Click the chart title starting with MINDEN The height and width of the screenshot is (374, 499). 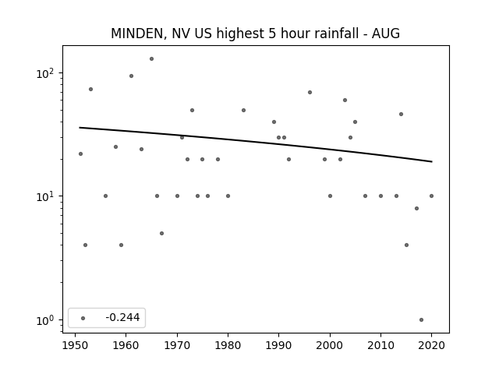point(255,34)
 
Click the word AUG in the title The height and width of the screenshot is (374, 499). point(386,34)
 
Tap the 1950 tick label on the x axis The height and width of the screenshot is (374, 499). point(75,345)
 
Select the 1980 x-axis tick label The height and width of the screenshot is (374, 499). point(228,345)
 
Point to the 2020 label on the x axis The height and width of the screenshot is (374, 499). point(431,345)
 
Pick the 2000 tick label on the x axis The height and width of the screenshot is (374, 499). point(330,345)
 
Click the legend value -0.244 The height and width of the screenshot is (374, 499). point(122,317)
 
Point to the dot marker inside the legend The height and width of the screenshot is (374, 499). point(83,318)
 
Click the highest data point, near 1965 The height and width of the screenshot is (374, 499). point(151,59)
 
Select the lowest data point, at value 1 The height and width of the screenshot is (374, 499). point(421,320)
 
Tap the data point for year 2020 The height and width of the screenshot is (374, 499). point(431,196)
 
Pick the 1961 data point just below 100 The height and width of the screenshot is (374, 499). point(131,76)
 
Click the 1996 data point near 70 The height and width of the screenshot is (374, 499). point(310,93)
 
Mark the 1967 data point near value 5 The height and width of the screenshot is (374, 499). point(161,234)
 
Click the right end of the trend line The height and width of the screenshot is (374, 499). point(432,161)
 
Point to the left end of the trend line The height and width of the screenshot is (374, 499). point(80,128)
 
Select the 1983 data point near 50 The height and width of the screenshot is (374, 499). point(243,111)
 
